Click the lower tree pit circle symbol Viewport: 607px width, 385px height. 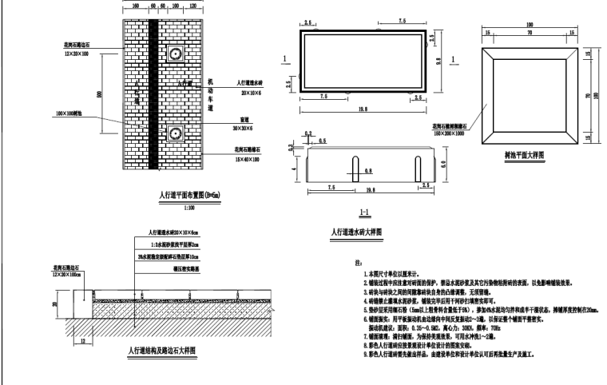point(174,131)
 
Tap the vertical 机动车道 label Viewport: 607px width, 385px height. point(211,93)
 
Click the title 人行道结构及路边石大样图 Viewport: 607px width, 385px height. point(162,349)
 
